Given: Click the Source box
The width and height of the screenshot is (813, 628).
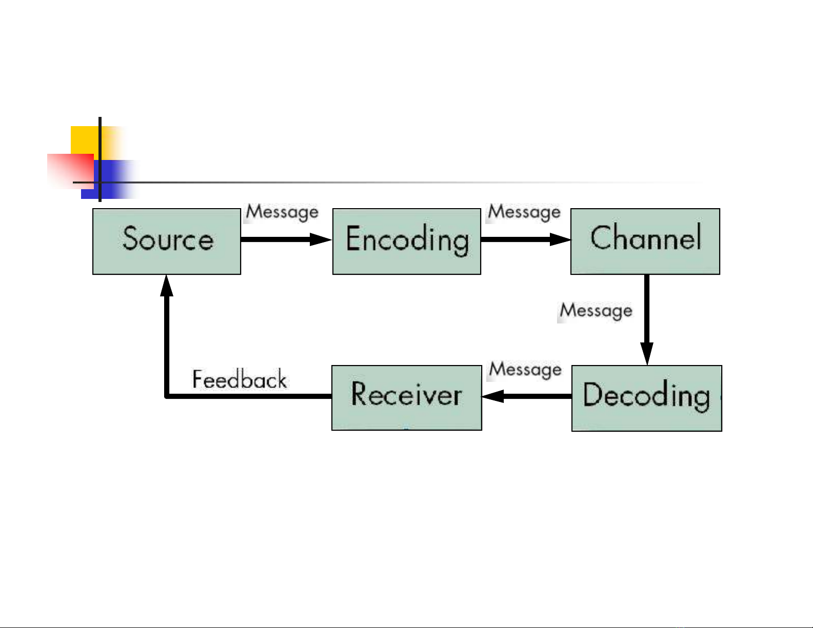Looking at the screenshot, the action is pyautogui.click(x=167, y=241).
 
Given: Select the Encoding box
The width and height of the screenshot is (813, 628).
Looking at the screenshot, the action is pyautogui.click(x=407, y=241).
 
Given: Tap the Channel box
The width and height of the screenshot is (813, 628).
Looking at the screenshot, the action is pyautogui.click(x=645, y=241).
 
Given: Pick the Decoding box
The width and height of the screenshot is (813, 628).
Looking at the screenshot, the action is pyautogui.click(x=646, y=398).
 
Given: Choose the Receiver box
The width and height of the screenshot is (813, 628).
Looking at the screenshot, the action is pyautogui.click(x=407, y=398).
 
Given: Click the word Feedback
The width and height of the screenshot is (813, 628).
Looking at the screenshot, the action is pyautogui.click(x=240, y=379).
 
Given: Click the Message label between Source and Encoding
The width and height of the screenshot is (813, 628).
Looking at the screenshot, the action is pyautogui.click(x=282, y=212).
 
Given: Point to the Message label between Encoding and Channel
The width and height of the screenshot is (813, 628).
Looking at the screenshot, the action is pyautogui.click(x=524, y=212).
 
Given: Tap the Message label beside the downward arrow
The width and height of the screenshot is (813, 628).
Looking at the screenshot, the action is pyautogui.click(x=596, y=311).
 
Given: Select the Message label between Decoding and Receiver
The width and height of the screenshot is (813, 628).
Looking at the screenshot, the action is pyautogui.click(x=525, y=370).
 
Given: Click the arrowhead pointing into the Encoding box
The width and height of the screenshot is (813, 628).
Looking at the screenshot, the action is pyautogui.click(x=321, y=239).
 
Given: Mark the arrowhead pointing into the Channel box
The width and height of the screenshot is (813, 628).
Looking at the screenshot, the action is pyautogui.click(x=561, y=239).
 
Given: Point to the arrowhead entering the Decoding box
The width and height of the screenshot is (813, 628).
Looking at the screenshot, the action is pyautogui.click(x=647, y=354).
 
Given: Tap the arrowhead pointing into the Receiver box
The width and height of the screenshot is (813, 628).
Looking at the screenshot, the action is pyautogui.click(x=493, y=396).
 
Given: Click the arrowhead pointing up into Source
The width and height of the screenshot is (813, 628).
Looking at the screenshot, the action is pyautogui.click(x=167, y=286).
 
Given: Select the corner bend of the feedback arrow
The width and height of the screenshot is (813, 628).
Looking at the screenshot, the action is pyautogui.click(x=167, y=396).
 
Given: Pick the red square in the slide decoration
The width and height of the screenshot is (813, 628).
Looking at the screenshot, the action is pyautogui.click(x=71, y=171).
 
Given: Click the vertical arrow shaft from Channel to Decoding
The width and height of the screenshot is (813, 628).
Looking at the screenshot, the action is pyautogui.click(x=647, y=309).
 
